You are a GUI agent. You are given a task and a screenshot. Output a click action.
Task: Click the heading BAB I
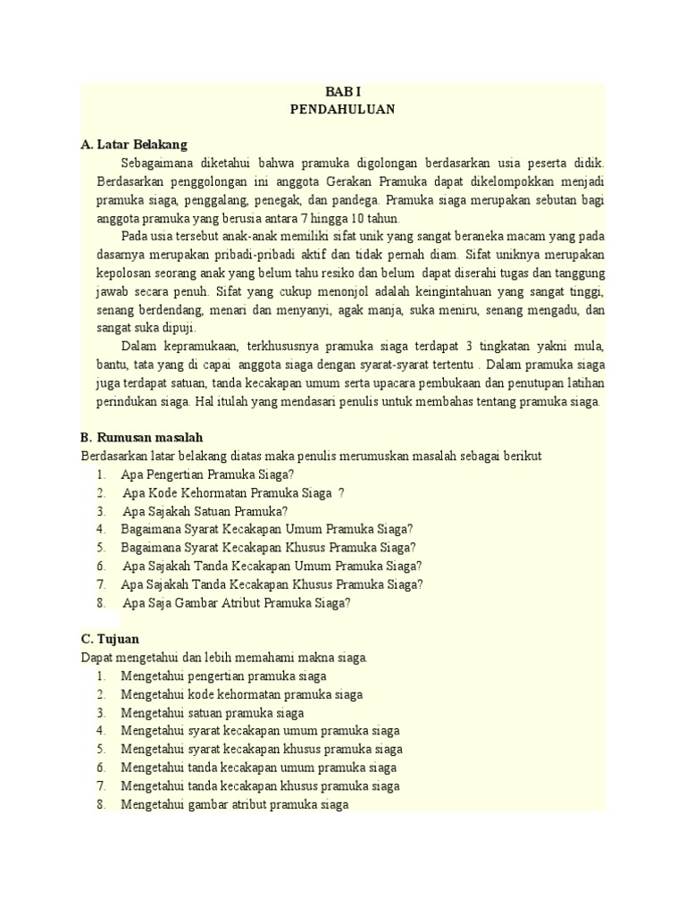click(342, 93)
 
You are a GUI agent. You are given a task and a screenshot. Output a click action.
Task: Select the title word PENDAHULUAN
click(342, 109)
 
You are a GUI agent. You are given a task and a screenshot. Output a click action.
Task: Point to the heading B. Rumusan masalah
click(142, 437)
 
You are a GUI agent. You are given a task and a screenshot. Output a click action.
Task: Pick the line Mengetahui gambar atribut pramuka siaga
click(233, 804)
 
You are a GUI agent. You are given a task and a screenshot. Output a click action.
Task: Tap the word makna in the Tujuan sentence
click(310, 657)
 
